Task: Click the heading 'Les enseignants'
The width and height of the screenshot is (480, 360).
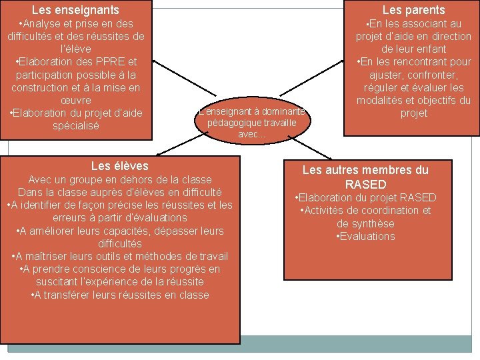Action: pyautogui.click(x=75, y=10)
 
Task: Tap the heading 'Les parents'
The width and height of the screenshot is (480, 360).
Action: pyautogui.click(x=413, y=10)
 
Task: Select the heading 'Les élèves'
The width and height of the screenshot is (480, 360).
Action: pyautogui.click(x=119, y=166)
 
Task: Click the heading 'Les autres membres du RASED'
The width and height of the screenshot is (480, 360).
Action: pyautogui.click(x=365, y=177)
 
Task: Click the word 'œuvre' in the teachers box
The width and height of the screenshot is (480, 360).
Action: pyautogui.click(x=77, y=100)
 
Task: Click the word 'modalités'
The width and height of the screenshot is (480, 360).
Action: pyautogui.click(x=383, y=101)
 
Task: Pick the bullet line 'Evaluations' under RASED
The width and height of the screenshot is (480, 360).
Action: pyautogui.click(x=365, y=237)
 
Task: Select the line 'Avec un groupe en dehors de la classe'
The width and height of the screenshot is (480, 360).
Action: pyautogui.click(x=119, y=180)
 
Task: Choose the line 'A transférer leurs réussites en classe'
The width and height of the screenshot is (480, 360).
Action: pyautogui.click(x=119, y=295)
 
